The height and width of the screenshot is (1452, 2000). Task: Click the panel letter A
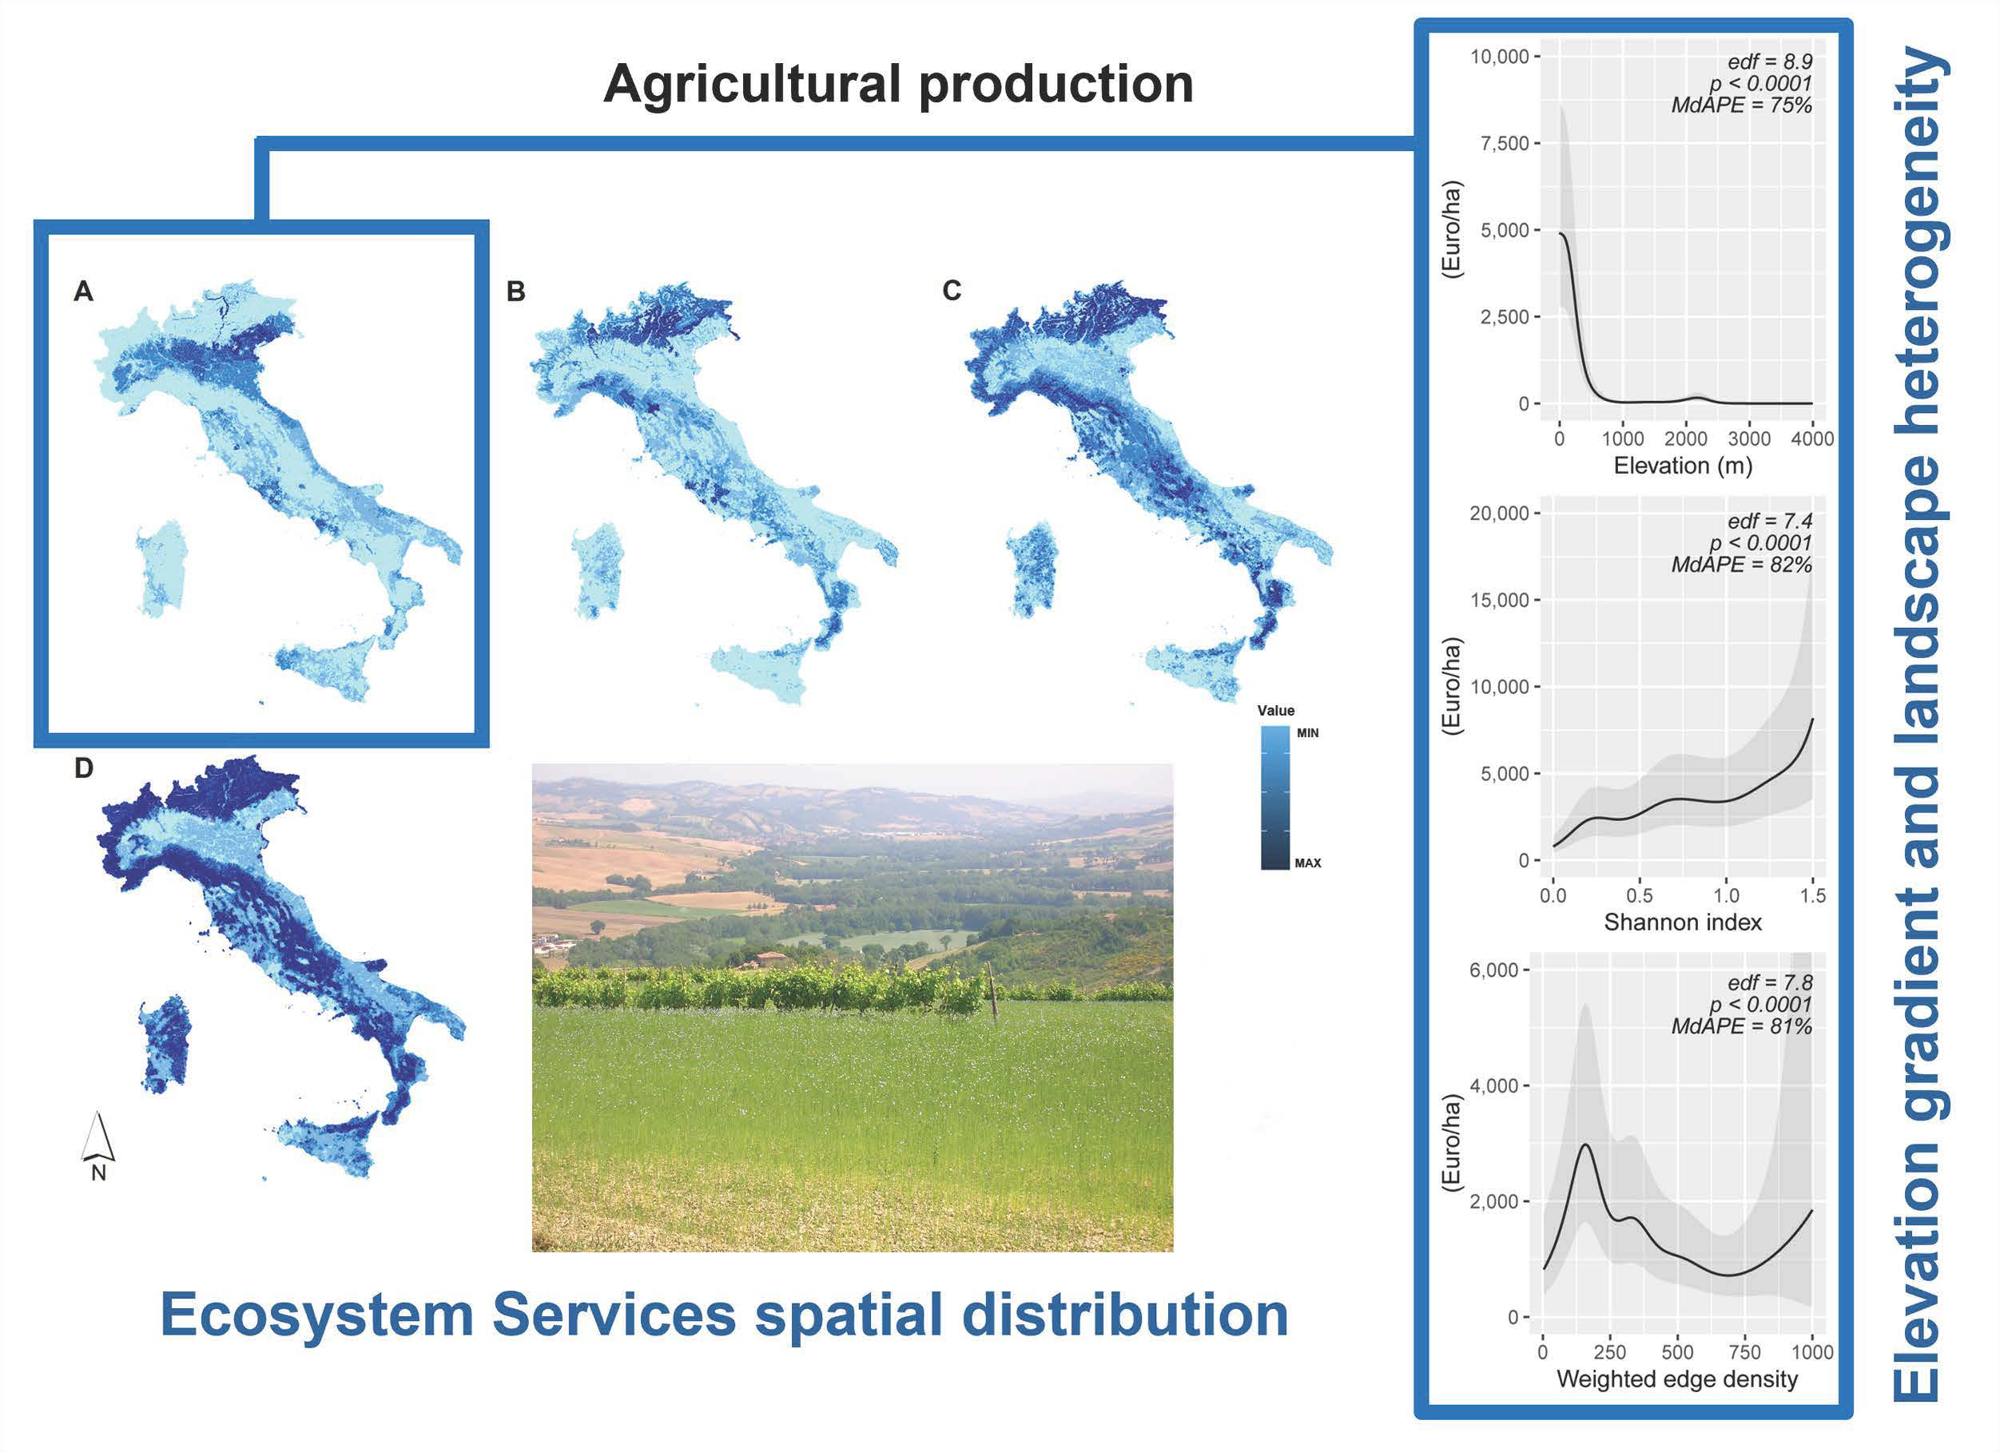point(83,291)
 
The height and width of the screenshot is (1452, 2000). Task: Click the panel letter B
point(516,291)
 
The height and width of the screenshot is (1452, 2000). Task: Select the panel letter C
point(952,290)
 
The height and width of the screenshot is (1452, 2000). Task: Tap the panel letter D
point(84,769)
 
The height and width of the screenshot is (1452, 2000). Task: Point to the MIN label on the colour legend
point(1308,733)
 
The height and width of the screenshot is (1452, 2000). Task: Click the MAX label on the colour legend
point(1308,863)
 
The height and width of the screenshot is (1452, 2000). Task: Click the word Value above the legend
point(1276,711)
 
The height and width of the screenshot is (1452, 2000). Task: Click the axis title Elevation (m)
point(1683,466)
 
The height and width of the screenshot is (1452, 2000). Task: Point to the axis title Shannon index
point(1683,923)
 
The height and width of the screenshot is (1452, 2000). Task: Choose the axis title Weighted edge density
point(1677,1379)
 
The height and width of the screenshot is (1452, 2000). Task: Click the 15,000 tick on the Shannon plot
point(1499,601)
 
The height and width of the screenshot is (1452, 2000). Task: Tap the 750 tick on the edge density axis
point(1744,1351)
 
